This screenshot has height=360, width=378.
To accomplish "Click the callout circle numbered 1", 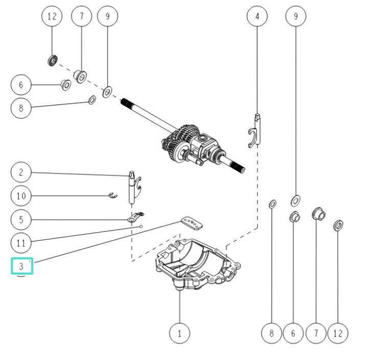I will click(179, 333).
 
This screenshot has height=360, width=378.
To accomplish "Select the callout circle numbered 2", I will click(21, 172).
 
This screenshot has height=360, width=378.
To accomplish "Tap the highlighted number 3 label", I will click(21, 266).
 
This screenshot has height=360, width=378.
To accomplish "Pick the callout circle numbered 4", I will click(257, 16).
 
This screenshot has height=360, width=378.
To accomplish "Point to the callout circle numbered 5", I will click(21, 220).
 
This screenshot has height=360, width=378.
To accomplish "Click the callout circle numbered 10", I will click(21, 196).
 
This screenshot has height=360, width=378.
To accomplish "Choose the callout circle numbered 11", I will click(21, 243).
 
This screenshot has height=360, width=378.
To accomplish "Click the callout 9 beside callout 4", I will click(295, 16).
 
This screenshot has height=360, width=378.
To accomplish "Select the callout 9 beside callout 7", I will click(107, 16).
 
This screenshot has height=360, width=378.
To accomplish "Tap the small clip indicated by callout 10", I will click(113, 195).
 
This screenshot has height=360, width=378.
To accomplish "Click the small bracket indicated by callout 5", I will click(136, 217).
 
